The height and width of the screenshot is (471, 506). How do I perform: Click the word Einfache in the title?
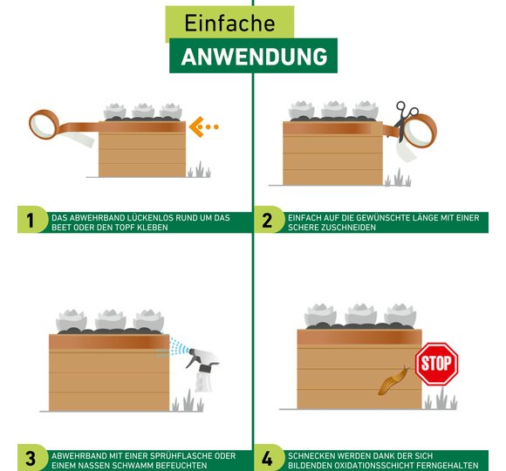(229, 23)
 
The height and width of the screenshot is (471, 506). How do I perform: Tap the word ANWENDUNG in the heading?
(254, 57)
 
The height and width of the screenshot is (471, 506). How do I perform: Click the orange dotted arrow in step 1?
(203, 126)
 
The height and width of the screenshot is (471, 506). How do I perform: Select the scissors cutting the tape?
(405, 120)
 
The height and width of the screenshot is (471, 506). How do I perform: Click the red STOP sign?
(436, 364)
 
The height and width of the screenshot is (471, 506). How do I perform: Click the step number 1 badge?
(31, 221)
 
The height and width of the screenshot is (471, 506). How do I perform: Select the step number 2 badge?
(267, 221)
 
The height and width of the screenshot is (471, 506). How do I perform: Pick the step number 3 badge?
(31, 458)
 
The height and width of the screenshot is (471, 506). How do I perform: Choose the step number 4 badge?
(267, 458)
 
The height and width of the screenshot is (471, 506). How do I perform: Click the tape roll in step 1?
(44, 124)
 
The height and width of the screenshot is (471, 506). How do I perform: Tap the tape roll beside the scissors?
(420, 131)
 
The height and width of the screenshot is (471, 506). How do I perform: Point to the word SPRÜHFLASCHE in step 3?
(174, 456)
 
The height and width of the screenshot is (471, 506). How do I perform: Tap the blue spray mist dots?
(172, 348)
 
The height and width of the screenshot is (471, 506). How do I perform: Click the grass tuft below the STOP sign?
(441, 399)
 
